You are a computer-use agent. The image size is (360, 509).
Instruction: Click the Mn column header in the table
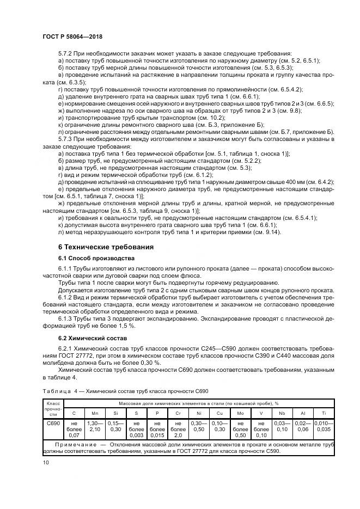pos(95,412)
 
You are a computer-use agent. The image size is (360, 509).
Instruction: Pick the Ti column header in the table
pos(324,412)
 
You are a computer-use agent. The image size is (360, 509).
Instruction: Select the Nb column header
pos(282,412)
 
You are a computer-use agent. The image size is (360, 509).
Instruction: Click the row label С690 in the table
pos(53,422)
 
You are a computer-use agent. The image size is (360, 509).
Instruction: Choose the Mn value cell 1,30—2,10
pos(95,426)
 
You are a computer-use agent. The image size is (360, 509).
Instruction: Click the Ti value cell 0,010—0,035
pos(324,426)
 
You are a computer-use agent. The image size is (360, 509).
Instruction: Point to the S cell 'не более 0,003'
pos(137,429)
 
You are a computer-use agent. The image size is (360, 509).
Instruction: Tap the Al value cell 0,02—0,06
pos(302,426)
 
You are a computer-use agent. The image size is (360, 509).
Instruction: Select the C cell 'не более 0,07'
pos(74,429)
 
